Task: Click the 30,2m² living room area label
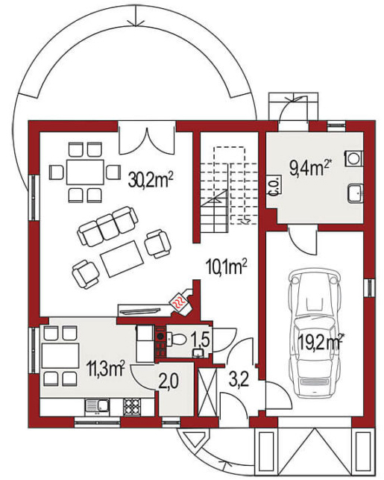pyautogui.click(x=151, y=180)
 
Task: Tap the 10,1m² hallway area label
pyautogui.click(x=226, y=267)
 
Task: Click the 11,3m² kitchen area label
pyautogui.click(x=105, y=368)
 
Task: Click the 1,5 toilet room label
pyautogui.click(x=200, y=339)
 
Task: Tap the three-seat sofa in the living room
pyautogui.click(x=107, y=226)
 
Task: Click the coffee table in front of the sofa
pyautogui.click(x=122, y=259)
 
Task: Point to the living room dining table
pyautogui.click(x=85, y=172)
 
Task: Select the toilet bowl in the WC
pyautogui.click(x=177, y=339)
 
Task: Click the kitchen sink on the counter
pyautogui.click(x=97, y=406)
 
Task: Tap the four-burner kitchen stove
pyautogui.click(x=132, y=406)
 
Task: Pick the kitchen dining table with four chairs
pyautogui.click(x=60, y=356)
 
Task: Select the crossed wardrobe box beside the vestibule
pyautogui.click(x=207, y=392)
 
